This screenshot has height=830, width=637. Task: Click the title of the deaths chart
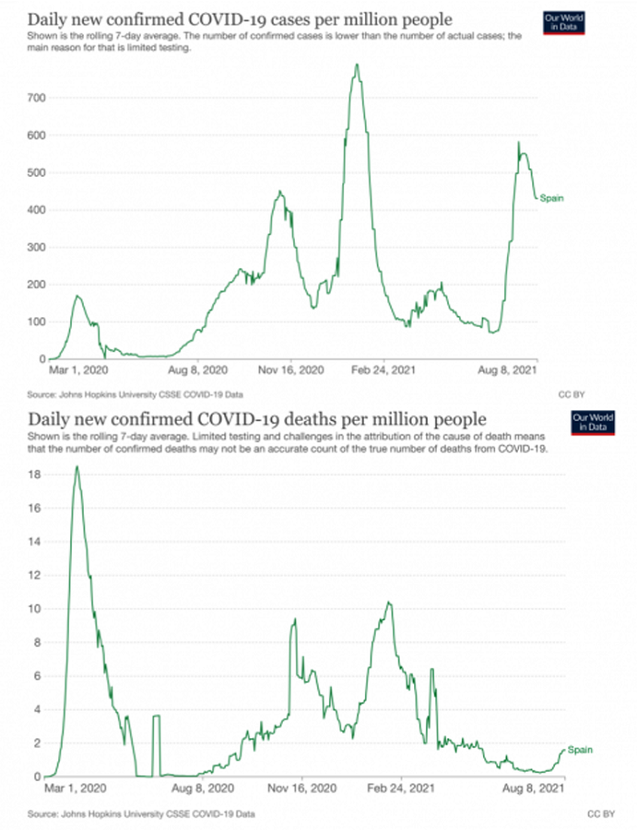[258, 419]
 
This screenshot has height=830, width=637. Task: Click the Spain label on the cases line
[551, 198]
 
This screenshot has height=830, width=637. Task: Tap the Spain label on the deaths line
[580, 750]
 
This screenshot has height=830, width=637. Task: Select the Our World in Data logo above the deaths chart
[592, 422]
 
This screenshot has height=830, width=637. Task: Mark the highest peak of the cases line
[357, 64]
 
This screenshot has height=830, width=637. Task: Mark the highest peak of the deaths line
[76, 466]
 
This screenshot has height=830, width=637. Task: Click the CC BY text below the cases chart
[571, 395]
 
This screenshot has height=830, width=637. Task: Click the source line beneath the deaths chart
[141, 813]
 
